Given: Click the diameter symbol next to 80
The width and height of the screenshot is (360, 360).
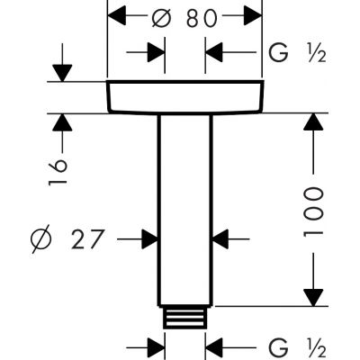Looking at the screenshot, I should (162, 18).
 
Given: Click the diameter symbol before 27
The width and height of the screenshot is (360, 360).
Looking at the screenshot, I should (40, 239).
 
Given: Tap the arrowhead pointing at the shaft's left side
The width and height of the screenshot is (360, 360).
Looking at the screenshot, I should (150, 239).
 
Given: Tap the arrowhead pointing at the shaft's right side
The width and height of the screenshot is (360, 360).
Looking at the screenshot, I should (219, 239).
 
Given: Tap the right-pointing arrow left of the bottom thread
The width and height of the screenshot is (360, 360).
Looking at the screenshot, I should (156, 346).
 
